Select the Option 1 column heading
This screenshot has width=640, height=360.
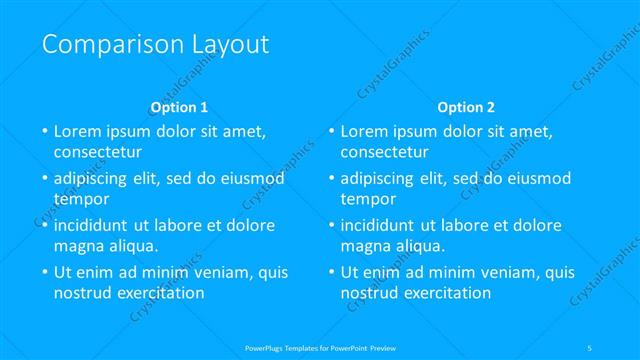click(x=179, y=106)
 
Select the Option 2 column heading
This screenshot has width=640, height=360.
click(x=466, y=106)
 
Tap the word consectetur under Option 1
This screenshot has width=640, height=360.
click(x=98, y=153)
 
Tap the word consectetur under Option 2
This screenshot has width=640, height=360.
click(x=385, y=153)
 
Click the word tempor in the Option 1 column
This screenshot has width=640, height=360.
click(x=79, y=199)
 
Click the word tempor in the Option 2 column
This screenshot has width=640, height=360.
click(x=366, y=199)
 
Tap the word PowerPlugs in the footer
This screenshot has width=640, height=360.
click(x=264, y=347)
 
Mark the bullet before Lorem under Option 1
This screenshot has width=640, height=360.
click(x=44, y=132)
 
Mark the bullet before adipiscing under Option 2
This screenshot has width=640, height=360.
click(x=331, y=179)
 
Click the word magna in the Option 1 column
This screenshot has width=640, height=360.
click(x=77, y=246)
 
